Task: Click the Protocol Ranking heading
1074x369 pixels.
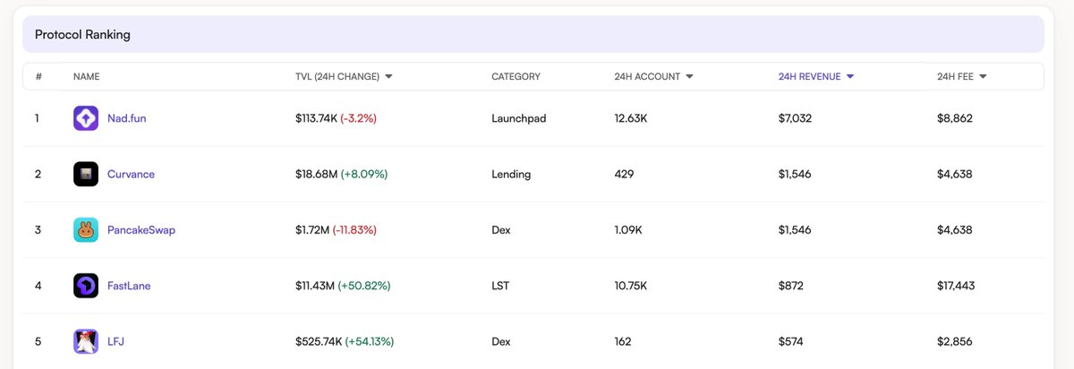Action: pyautogui.click(x=82, y=34)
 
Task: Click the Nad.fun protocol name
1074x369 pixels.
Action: pyautogui.click(x=126, y=118)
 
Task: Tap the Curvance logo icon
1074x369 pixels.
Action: pyautogui.click(x=86, y=174)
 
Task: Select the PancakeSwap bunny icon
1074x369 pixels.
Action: pyautogui.click(x=86, y=230)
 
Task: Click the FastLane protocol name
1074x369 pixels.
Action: pyautogui.click(x=129, y=286)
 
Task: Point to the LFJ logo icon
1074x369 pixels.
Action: pyautogui.click(x=86, y=341)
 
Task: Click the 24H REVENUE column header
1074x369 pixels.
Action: pyautogui.click(x=809, y=77)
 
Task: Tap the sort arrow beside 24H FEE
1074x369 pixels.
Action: pyautogui.click(x=983, y=77)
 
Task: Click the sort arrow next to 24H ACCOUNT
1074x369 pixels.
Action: pyautogui.click(x=689, y=77)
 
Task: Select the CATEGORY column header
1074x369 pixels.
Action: pyautogui.click(x=516, y=77)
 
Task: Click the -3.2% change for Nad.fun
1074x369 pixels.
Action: pyautogui.click(x=358, y=118)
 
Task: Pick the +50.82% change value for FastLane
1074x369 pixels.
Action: pyautogui.click(x=364, y=286)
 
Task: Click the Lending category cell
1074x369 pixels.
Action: pyautogui.click(x=511, y=174)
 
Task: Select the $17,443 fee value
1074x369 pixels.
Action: pyautogui.click(x=956, y=286)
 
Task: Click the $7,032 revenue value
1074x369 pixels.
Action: pyautogui.click(x=795, y=118)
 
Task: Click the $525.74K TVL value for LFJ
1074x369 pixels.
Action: pyautogui.click(x=315, y=341)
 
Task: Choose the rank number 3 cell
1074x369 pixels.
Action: pyautogui.click(x=38, y=230)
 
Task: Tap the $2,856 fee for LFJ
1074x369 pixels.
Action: pyautogui.click(x=954, y=341)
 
